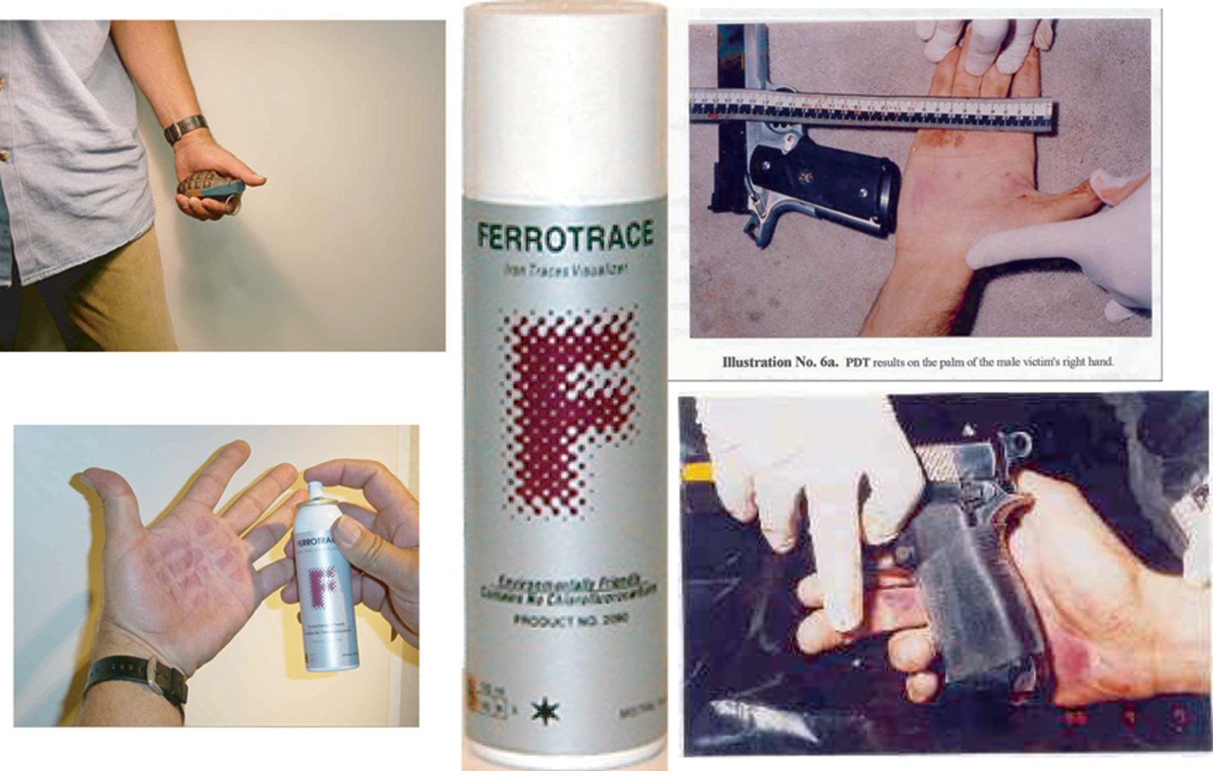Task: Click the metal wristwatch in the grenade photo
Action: (185, 128)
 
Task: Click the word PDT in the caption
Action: (857, 362)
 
